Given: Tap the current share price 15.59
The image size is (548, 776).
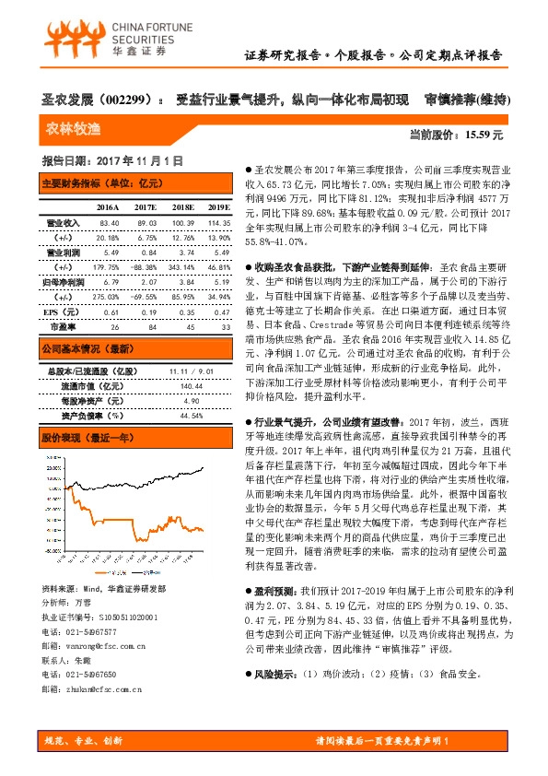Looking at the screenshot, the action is point(484,135).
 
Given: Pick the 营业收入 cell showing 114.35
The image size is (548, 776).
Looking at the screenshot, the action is point(217,223).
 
